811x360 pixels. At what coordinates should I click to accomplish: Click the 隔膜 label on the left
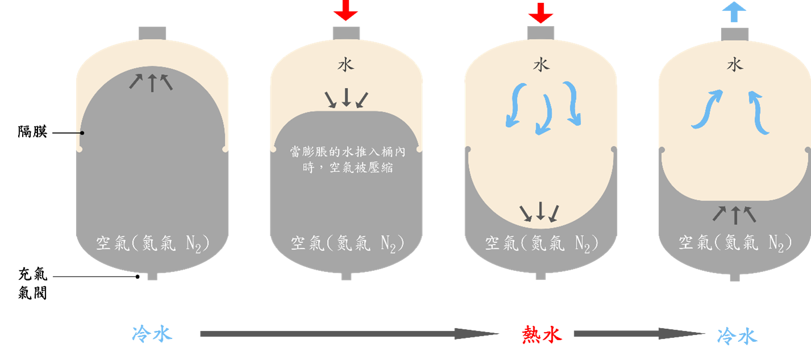pos(32,132)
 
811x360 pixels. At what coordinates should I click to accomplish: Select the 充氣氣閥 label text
pos(32,284)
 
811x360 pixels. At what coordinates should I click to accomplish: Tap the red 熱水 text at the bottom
pos(542,334)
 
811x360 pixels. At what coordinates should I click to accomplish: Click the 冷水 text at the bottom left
pos(152,333)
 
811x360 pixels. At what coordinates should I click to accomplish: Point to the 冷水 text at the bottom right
pos(737,336)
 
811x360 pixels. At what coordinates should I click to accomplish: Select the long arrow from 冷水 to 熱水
pos(349,333)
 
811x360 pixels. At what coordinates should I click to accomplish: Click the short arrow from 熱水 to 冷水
pos(639,333)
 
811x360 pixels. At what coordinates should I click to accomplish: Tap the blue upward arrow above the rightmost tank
pos(734,11)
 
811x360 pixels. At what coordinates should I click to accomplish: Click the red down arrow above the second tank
pos(346,10)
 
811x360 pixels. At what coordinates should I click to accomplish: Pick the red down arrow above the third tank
pos(541,13)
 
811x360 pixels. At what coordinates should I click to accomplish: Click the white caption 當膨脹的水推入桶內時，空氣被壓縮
pos(348,160)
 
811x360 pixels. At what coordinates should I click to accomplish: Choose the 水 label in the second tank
pos(346,65)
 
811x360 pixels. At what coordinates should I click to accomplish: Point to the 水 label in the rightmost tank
pos(735,65)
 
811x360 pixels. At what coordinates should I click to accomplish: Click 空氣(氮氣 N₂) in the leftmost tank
pos(152,243)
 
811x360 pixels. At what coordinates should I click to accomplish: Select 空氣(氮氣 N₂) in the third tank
pos(542,243)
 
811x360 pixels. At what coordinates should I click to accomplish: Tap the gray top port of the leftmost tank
pos(152,34)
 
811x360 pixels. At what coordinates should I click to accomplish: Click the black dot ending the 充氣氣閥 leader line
pos(137,277)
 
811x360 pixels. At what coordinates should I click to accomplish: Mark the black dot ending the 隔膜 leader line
pos(82,133)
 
